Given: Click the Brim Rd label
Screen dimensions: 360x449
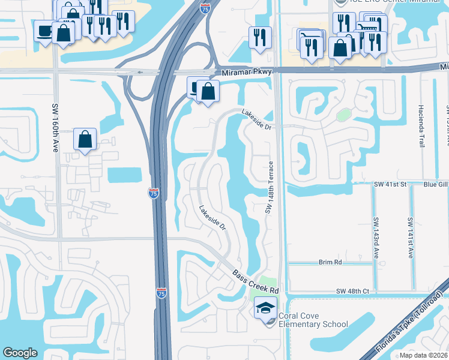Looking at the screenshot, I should [330, 262].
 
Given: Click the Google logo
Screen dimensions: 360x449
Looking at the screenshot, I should [20, 353].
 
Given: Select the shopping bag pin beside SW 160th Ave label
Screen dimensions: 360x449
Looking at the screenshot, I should [85, 139].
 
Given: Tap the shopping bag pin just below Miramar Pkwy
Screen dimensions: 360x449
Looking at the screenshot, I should [208, 92].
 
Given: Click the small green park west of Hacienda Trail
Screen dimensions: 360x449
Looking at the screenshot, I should [343, 115].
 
